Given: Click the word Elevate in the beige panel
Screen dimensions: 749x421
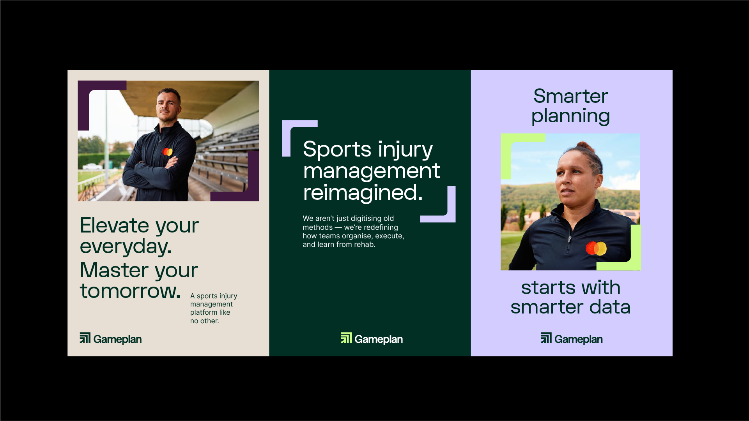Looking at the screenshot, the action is point(115,225).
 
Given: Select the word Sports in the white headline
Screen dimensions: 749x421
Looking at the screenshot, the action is point(337,150).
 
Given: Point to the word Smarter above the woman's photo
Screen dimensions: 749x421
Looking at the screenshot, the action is point(570,96).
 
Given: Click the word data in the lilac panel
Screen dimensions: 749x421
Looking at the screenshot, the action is point(610,307).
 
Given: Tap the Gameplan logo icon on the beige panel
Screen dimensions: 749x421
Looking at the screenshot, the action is point(85,338).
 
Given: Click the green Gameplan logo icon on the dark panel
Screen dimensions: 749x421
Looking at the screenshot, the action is point(346,338).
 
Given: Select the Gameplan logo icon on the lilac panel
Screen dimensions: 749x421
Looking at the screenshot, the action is point(546,338).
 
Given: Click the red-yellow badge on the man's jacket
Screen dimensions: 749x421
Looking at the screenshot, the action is point(168,151).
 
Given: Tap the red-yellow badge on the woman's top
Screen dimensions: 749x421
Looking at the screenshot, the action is point(596,248).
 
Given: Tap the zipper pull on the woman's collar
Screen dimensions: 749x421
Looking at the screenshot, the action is point(570,238).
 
